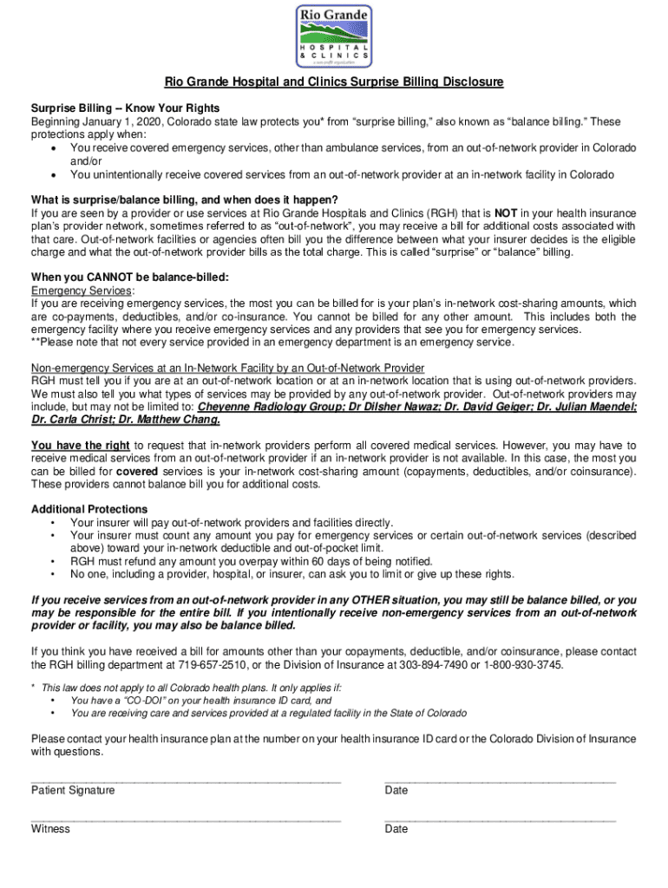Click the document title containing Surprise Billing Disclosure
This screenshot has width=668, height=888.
pyautogui.click(x=334, y=82)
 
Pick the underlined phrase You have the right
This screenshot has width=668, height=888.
pyautogui.click(x=81, y=445)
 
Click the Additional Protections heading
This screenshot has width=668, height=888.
pyautogui.click(x=89, y=509)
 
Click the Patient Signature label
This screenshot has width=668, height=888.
pyautogui.click(x=73, y=790)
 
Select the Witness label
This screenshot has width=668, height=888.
pyautogui.click(x=50, y=828)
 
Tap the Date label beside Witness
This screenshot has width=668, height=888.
pyautogui.click(x=396, y=828)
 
